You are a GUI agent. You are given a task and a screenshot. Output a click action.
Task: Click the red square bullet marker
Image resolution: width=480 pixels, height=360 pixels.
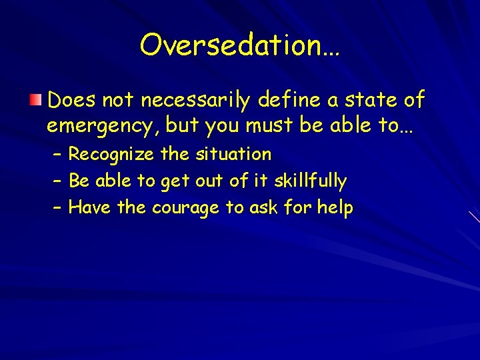pos(35,101)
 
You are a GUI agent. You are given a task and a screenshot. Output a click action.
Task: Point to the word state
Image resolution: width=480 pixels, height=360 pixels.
pos(377,100)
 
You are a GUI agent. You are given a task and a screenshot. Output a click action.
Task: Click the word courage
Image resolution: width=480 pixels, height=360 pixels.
pos(185,208)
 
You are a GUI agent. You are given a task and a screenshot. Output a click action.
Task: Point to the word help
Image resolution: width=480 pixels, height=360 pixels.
pos(335,207)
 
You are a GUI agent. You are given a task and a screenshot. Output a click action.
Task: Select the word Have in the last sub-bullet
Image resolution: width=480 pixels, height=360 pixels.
pos(91,207)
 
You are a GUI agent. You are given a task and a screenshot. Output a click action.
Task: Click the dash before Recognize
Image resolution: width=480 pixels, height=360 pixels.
pos(57,155)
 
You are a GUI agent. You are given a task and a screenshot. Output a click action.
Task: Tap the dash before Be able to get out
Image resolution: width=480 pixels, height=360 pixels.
pos(57,181)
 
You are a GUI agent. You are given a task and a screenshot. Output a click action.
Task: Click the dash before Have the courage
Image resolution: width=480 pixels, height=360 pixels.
pos(57,208)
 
